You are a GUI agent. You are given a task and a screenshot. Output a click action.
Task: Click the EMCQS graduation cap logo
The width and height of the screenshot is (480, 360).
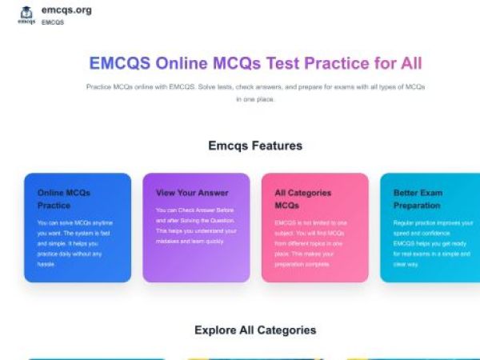point(26,14)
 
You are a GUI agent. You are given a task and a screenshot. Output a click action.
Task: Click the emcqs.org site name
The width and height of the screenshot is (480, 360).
point(66,10)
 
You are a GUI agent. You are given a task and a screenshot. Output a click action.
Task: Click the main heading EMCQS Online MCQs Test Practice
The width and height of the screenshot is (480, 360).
point(255,63)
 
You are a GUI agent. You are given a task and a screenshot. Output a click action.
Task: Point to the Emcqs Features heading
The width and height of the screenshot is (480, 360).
point(255,146)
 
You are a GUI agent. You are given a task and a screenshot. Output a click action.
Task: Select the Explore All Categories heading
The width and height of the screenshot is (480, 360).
point(255,330)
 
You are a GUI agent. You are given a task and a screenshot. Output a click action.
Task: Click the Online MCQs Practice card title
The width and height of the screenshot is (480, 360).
point(64,198)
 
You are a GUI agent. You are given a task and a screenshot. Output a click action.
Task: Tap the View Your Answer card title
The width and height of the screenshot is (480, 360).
point(192,193)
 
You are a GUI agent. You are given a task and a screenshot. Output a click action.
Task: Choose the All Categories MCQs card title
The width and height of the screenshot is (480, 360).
point(302,198)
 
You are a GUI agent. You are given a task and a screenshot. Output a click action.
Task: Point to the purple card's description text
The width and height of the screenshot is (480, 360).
point(196,226)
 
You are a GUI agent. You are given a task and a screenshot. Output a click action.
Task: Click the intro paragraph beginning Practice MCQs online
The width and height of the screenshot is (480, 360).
point(255,92)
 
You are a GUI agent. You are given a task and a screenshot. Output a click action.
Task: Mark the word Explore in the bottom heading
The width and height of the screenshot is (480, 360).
point(216,330)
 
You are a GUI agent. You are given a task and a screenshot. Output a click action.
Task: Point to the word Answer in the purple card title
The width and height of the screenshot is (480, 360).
point(214,193)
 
